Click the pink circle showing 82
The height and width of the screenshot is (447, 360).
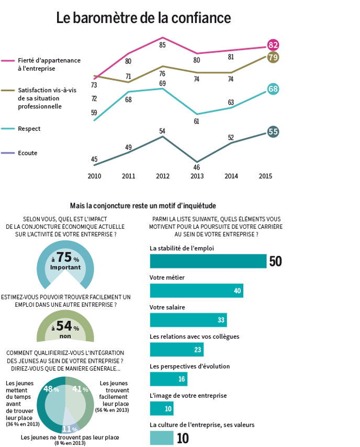273,45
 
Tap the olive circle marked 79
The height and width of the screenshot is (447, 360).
273,57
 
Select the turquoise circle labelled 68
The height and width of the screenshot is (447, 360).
273,89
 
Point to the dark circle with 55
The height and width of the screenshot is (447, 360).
273,132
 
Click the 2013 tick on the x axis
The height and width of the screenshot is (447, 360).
197,176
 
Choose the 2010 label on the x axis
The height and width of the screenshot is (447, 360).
94,176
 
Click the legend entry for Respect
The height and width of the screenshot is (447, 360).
21,129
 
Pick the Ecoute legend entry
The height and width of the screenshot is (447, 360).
19,153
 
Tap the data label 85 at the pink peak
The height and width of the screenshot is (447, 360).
162,45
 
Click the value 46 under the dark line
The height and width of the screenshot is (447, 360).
196,167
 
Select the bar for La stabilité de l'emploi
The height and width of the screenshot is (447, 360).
208,261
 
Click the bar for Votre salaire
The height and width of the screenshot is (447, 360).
188,320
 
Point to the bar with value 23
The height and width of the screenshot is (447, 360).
177,350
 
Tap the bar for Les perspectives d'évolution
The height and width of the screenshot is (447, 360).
168,379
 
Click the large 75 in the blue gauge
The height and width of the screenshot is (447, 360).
64,257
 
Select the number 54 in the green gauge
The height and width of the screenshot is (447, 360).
64,326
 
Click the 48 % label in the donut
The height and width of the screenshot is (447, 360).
51,389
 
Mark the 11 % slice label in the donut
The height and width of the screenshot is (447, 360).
70,429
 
